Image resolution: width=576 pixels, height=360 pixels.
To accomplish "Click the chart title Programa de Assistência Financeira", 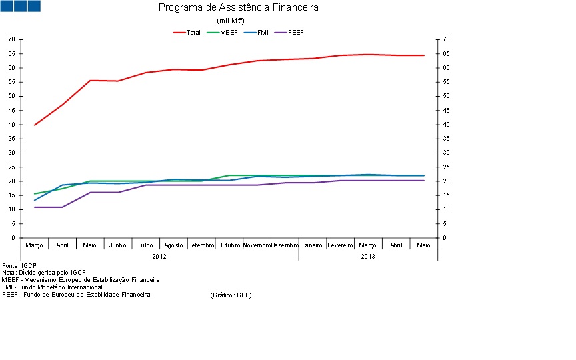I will pos(238,8).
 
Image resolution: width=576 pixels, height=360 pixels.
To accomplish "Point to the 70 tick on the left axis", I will pos(11,39).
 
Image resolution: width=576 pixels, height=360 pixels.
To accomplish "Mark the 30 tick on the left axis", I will pos(11,153).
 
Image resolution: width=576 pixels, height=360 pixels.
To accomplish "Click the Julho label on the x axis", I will pos(145,245).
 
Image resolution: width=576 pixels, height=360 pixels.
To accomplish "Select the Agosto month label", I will pos(173,245).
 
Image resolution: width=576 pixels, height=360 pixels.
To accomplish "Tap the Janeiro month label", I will pos(312,245).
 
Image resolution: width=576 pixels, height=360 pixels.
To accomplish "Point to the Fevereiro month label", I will pos(340,245).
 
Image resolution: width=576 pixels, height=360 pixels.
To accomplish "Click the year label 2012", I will pos(159,256).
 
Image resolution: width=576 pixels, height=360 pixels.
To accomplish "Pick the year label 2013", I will pos(368,256).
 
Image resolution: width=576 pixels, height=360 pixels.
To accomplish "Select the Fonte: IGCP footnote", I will pos(19,265).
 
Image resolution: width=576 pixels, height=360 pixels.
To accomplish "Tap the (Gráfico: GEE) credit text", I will pos(231,295).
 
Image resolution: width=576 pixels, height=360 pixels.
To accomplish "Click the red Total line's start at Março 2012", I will pos(35,125).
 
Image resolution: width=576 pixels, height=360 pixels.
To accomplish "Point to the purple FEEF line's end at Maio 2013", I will pos(423,181).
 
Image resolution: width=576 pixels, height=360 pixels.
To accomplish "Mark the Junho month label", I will pos(117,245).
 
